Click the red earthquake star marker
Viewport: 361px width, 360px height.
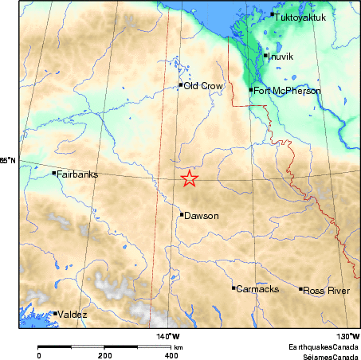pyautogui.click(x=189, y=178)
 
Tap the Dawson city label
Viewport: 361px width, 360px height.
pyautogui.click(x=201, y=215)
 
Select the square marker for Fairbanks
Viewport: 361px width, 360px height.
pyautogui.click(x=54, y=173)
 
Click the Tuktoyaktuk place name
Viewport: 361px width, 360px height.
pyautogui.click(x=300, y=15)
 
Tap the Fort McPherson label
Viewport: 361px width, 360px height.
pyautogui.click(x=287, y=91)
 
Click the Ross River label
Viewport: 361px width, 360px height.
pyautogui.click(x=327, y=291)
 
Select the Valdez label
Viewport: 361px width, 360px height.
pyautogui.click(x=73, y=315)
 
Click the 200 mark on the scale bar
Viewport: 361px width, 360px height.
pyautogui.click(x=105, y=355)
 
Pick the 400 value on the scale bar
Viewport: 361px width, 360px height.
pyautogui.click(x=171, y=355)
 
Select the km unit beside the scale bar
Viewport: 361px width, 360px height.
pyautogui.click(x=179, y=348)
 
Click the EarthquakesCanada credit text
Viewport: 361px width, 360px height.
pyautogui.click(x=323, y=348)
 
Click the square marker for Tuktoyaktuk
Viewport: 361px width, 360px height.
pyautogui.click(x=273, y=14)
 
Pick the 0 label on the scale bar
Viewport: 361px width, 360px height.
pyautogui.click(x=39, y=355)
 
